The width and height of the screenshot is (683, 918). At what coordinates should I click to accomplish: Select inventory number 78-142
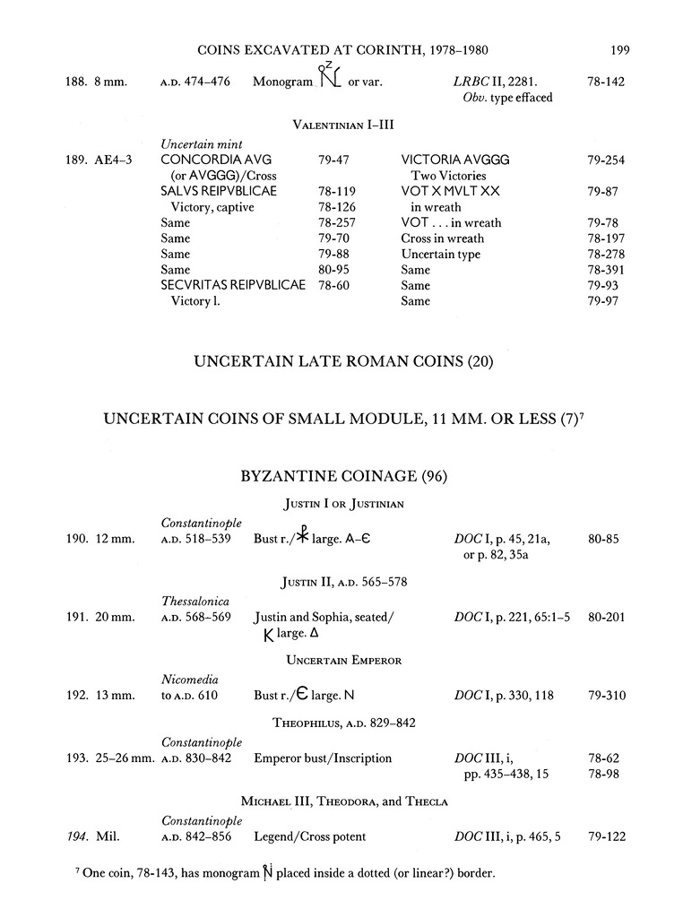[x=606, y=82]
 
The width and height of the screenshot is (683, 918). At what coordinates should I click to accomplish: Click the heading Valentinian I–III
[x=343, y=126]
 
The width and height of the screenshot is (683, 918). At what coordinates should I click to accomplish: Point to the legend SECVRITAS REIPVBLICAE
[x=232, y=285]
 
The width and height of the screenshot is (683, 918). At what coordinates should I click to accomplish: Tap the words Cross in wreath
[x=442, y=238]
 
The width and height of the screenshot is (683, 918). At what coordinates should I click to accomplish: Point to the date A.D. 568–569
[x=195, y=617]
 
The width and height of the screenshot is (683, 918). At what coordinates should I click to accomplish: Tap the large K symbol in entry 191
[x=266, y=635]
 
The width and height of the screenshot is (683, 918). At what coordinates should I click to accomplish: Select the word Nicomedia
[x=190, y=679]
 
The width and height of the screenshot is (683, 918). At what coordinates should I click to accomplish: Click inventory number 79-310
[x=606, y=695]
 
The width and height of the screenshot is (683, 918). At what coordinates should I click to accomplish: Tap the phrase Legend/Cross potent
[x=310, y=837]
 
